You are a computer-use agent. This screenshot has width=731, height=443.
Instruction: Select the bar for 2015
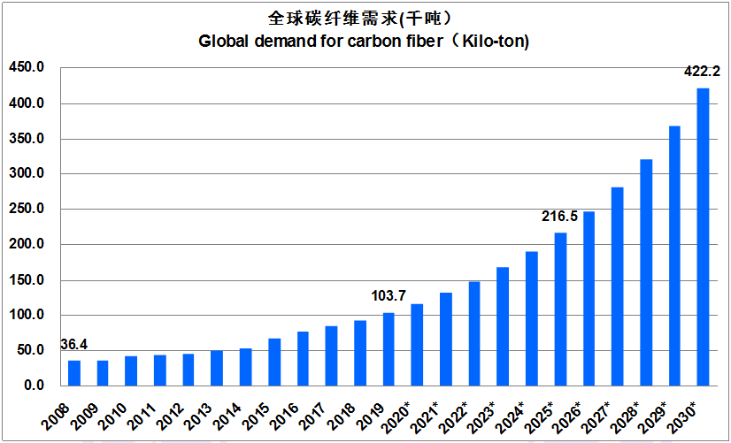(x=274, y=363)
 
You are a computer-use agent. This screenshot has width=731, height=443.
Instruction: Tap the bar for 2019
(x=389, y=349)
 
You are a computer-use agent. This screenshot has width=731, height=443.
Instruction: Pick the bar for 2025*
(x=560, y=309)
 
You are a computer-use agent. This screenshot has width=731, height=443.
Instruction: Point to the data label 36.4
(x=74, y=346)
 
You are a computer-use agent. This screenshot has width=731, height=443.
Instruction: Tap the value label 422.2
(x=703, y=72)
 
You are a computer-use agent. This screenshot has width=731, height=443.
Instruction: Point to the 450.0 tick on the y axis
(x=25, y=68)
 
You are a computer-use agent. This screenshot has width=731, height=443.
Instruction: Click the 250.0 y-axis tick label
(x=25, y=210)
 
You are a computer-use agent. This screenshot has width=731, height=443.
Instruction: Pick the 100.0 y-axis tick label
(x=25, y=316)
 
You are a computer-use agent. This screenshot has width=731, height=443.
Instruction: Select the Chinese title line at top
(x=364, y=18)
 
